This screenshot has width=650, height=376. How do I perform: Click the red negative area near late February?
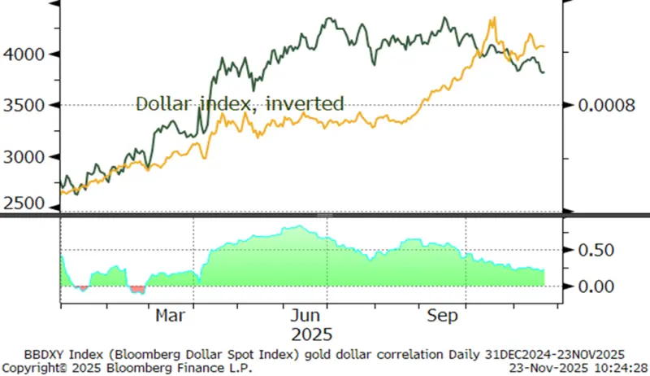(137, 288)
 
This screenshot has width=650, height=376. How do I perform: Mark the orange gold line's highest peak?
(493, 18)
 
